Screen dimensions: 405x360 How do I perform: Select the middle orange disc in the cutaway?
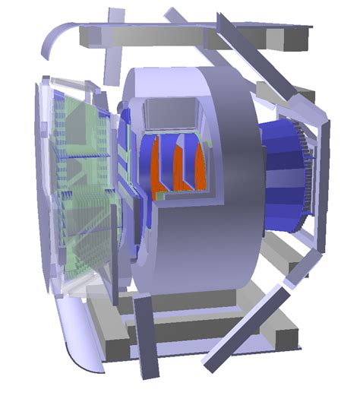click(x=179, y=167)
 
